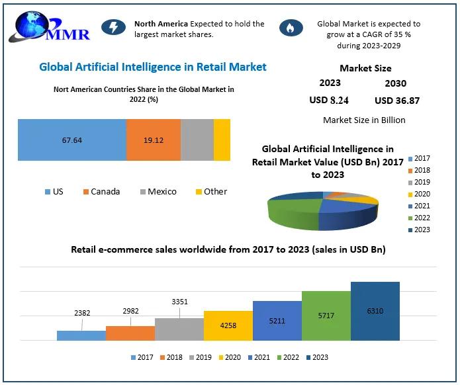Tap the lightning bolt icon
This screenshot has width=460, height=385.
[113, 27]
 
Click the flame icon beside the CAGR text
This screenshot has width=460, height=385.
[290, 27]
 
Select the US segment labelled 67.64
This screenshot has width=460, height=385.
[71, 140]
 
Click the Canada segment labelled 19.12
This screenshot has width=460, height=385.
[154, 140]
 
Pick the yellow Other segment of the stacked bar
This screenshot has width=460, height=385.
[222, 140]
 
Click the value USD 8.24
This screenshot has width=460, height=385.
[329, 101]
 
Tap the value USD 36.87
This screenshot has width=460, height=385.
[397, 101]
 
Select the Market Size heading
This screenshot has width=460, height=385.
[365, 68]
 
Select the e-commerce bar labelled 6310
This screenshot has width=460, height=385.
[375, 311]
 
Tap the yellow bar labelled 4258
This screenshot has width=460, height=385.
[228, 325]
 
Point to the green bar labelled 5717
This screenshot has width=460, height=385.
[326, 316]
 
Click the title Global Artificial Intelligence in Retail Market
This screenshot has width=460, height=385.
[153, 67]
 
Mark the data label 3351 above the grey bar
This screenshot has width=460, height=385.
[179, 302]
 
